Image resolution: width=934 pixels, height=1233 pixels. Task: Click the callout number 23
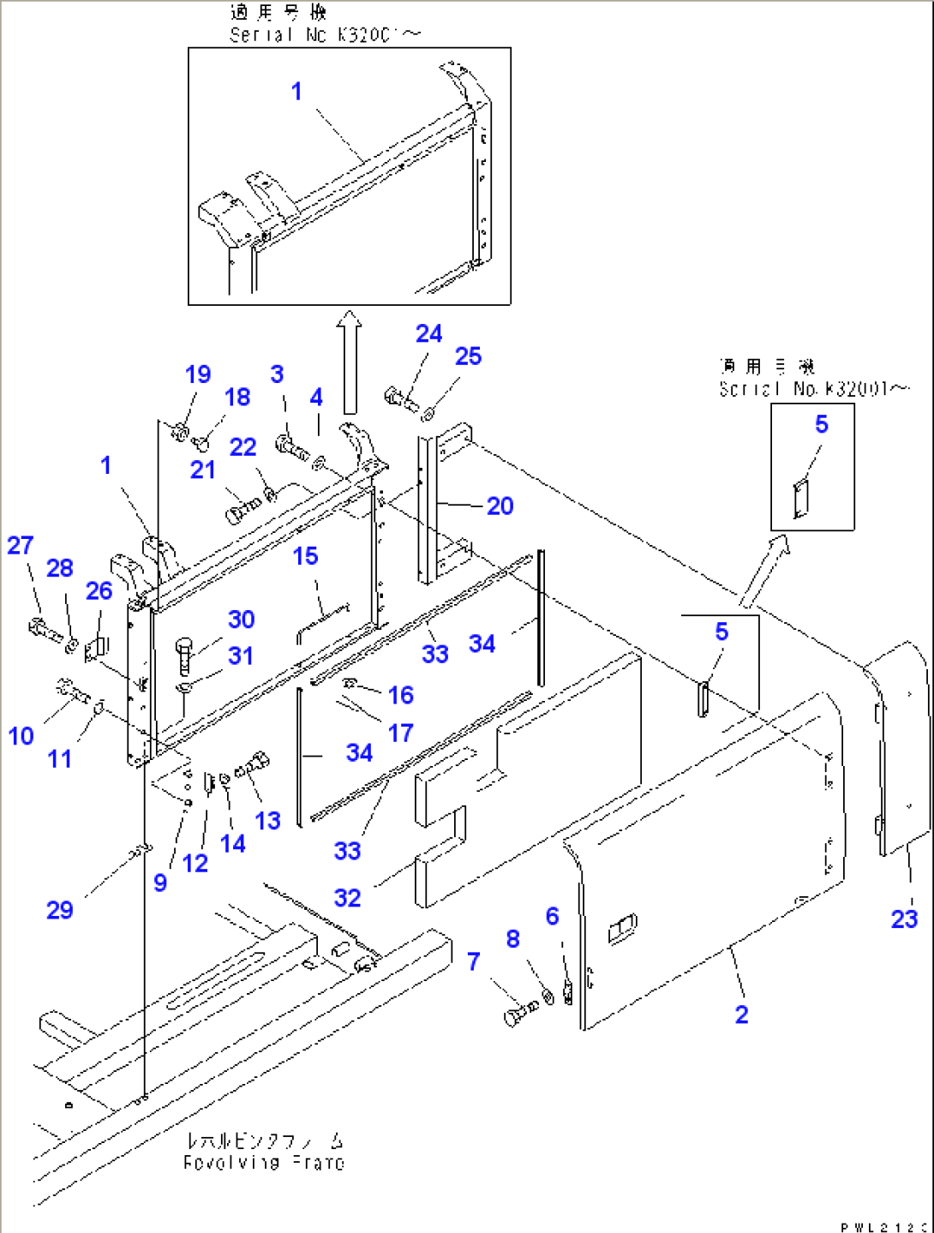[904, 919]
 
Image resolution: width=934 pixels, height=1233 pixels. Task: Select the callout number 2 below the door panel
[741, 1015]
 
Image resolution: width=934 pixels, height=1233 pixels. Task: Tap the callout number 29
[59, 910]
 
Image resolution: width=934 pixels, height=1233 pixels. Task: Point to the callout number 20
[500, 506]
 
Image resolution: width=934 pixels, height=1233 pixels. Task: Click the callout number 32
[347, 898]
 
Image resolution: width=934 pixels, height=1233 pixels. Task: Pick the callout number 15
[305, 556]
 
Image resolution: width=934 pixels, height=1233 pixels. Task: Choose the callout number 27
[20, 546]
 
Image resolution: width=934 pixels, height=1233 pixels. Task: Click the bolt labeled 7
[518, 1013]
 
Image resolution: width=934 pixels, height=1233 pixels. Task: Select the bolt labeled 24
[400, 398]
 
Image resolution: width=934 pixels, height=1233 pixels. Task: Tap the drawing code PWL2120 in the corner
[883, 1226]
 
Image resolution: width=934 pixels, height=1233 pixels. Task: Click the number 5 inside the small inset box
[821, 424]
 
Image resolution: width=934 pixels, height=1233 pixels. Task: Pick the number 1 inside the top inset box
[296, 91]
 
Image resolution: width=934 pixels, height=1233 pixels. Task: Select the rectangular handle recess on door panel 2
[623, 928]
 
